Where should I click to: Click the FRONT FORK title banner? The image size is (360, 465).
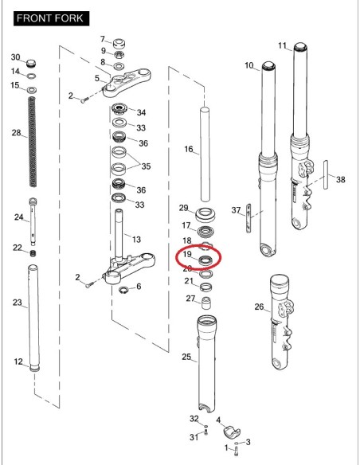click(51, 18)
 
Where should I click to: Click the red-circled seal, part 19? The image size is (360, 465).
click(205, 260)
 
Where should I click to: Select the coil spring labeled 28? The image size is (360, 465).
click(33, 142)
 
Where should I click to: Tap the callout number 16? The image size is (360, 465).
click(189, 149)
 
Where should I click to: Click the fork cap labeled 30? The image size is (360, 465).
click(31, 63)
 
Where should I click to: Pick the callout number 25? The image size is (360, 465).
click(186, 357)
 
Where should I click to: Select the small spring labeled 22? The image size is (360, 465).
click(33, 253)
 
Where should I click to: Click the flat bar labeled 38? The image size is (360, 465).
click(326, 175)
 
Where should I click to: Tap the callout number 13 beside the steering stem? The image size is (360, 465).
click(136, 239)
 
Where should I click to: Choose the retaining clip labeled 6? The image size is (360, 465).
click(123, 290)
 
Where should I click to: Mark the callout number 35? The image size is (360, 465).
click(146, 166)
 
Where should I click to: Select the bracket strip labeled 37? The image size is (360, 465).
click(248, 218)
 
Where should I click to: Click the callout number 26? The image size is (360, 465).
click(259, 307)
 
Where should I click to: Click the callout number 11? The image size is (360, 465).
click(282, 45)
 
